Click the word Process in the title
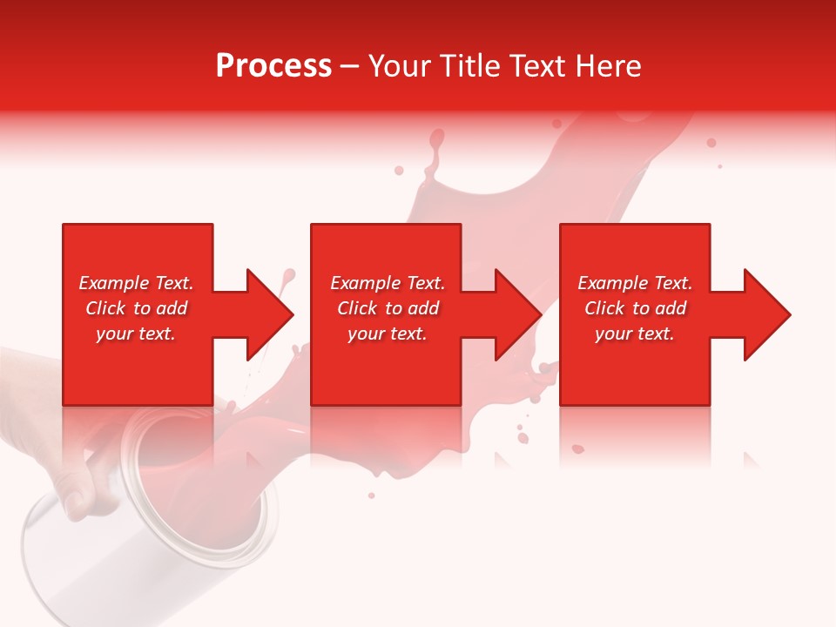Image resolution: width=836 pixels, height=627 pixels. coord(273,66)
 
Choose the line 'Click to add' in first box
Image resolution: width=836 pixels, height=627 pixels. coord(137,308)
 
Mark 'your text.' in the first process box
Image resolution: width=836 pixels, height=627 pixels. coord(136,334)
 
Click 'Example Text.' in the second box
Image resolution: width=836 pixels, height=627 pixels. coord(388,283)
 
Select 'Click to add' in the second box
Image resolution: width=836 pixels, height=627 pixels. coord(388,308)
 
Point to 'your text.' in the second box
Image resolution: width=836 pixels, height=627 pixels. coord(388,334)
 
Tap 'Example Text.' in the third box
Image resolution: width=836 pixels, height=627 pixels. coord(635,283)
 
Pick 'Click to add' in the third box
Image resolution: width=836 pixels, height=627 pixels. coord(635,308)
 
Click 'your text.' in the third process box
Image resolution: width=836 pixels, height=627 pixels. coord(635,334)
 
